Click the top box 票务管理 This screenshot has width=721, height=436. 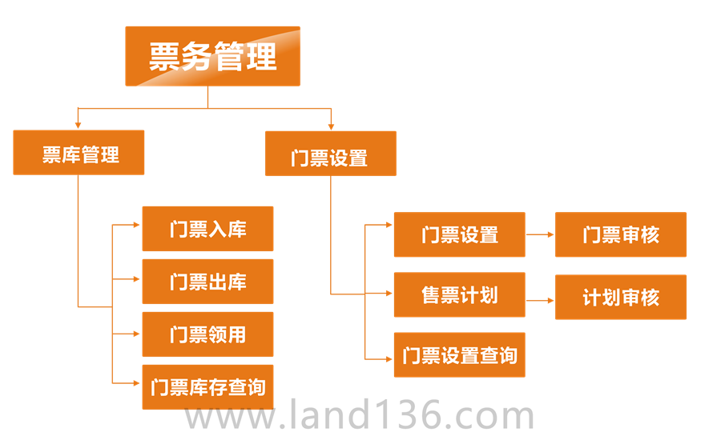pos(212,56)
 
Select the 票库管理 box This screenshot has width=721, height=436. pos(79,153)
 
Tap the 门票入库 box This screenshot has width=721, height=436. pos(207,229)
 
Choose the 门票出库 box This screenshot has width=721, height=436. pos(207,282)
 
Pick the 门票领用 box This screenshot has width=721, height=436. pos(207,334)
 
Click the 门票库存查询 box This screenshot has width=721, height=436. pos(207,387)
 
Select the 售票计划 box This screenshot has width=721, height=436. pos(459,294)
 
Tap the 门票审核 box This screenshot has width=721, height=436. pos(620,234)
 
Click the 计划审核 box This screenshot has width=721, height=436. pos(620,297)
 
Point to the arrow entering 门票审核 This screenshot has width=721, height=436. pos(549,235)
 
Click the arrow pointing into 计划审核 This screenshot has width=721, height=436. pos(549,301)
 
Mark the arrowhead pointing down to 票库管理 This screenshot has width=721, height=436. pos(78,125)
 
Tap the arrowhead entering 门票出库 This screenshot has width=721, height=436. pos(136,279)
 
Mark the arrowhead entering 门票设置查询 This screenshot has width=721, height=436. pos(388,359)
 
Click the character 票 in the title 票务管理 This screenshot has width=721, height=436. pos(165,57)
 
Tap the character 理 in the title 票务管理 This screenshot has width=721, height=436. pos(261,57)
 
